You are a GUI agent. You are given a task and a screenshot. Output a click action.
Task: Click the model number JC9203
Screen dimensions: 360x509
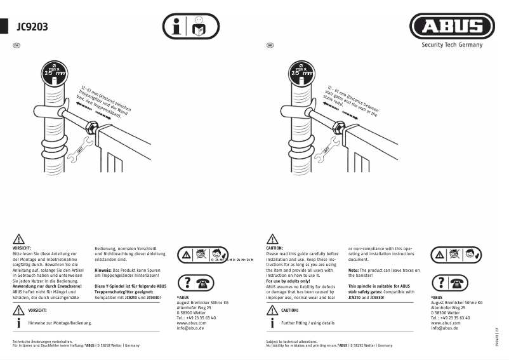31,27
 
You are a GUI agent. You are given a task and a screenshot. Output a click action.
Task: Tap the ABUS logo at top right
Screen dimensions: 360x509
451,27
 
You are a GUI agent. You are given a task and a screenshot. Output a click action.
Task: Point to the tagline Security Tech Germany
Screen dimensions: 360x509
452,45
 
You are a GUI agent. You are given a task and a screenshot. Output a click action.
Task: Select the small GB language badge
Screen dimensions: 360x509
270,46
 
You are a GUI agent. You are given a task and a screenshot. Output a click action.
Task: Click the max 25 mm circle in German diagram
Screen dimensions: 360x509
54,71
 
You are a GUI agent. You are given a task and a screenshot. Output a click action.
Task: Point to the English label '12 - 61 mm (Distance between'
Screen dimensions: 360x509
353,96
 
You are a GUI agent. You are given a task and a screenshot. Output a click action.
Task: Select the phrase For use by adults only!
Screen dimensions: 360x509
288,281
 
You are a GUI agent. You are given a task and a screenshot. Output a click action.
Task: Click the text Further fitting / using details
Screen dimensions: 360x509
307,323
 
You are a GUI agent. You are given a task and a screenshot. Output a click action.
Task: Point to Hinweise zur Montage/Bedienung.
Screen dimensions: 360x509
60,323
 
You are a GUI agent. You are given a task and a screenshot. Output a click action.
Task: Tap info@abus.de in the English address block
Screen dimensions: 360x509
444,328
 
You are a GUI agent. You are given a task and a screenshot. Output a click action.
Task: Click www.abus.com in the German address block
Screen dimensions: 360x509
191,323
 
